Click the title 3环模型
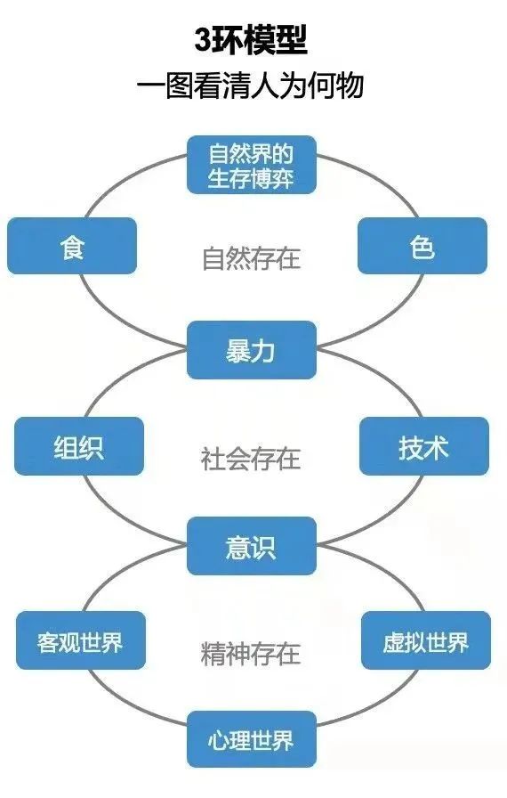(251, 40)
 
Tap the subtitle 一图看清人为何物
(251, 85)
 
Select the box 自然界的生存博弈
(252, 165)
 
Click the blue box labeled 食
(72, 246)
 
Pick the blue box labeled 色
(422, 246)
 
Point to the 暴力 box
(252, 350)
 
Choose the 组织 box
(79, 446)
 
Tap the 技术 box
(424, 446)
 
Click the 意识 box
(252, 546)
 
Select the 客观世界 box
(81, 640)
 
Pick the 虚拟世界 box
(426, 640)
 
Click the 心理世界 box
(252, 739)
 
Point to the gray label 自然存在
(252, 258)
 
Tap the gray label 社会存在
(251, 458)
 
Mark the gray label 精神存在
(251, 654)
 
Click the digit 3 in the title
(203, 41)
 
